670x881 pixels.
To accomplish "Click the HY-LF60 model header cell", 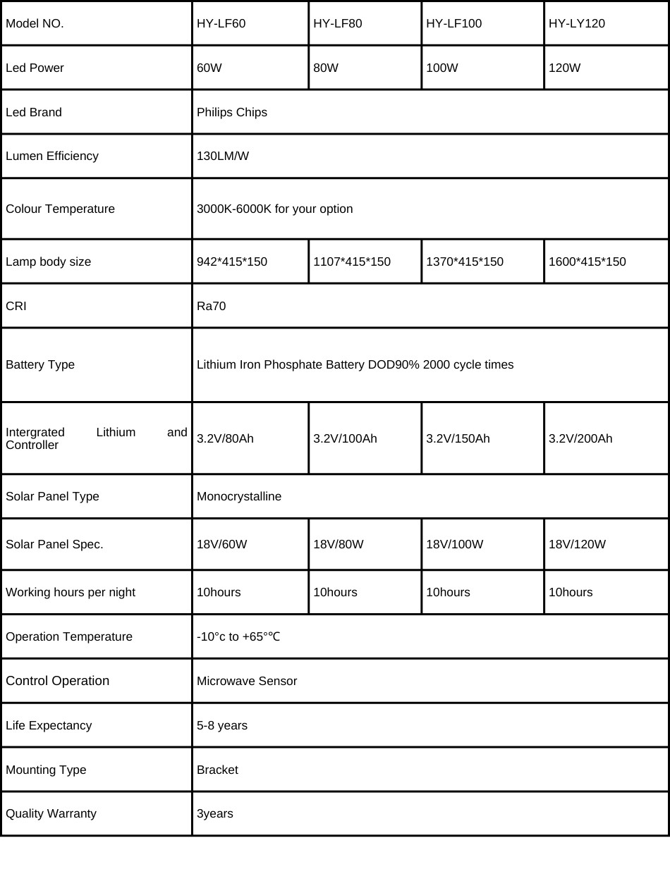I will pos(221,23).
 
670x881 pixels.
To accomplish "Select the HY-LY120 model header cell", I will pos(577,23).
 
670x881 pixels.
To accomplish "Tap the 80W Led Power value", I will pos(326,68).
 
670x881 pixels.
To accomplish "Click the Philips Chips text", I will pos(232,112).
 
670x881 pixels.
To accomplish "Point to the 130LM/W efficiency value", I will pos(223,156).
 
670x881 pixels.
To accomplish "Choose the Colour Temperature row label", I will pos(60,209).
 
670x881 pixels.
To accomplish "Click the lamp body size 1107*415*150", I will pos(352,261).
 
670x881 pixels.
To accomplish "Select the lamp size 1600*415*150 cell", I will pos(587,261).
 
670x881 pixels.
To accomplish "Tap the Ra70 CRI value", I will pos(212,306).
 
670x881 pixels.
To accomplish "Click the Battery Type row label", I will pos(40,364).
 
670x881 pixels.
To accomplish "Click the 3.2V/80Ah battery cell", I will pos(225,438).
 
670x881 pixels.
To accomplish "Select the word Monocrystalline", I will pos(239,496).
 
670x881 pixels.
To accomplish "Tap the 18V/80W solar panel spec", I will pos(339,544).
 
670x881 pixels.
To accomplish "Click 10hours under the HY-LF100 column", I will pos(448,592).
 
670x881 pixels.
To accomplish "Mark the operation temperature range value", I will pos(238,636).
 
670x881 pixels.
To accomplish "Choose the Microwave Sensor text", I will pos(247,681).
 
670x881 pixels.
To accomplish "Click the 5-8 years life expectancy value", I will pos(222,725).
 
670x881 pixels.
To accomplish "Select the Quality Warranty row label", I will pos(51,813).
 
